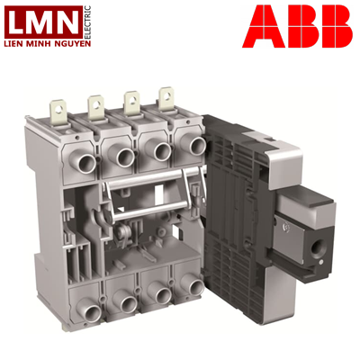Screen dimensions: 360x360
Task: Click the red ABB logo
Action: [297, 26]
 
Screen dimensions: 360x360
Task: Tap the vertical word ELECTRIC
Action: [87, 22]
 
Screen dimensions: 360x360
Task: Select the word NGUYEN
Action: [75, 44]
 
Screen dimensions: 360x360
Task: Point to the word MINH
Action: [40, 44]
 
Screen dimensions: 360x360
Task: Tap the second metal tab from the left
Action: [96, 107]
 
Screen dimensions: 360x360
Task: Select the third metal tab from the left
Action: [132, 103]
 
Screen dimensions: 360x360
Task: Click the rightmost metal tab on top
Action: [166, 98]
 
